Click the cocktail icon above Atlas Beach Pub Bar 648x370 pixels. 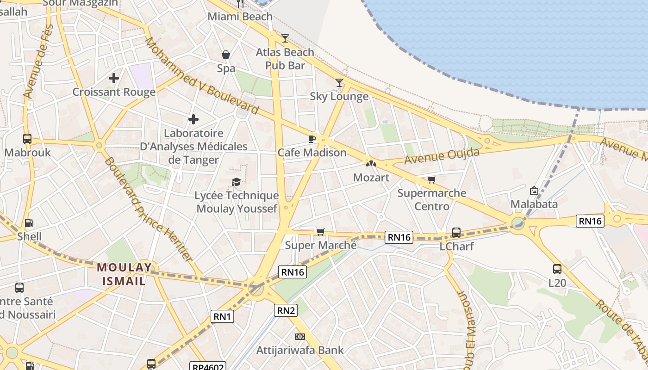[285, 38]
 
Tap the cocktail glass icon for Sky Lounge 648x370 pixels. [339, 82]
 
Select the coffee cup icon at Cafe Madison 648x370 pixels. [312, 139]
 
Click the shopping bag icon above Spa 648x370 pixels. [226, 55]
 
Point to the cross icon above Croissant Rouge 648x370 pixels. [114, 78]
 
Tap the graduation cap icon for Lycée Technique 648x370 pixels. [237, 182]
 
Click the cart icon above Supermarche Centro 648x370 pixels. [432, 179]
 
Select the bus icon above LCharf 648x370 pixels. [456, 232]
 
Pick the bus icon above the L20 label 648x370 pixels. [557, 269]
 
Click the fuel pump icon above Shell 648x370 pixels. [29, 223]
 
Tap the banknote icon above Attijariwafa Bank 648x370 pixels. [300, 336]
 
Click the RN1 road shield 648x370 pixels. [223, 316]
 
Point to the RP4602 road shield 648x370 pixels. [208, 366]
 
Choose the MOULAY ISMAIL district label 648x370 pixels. [124, 274]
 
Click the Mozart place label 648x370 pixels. [371, 178]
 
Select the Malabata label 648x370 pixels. [534, 204]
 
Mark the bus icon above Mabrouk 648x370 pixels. [27, 138]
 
